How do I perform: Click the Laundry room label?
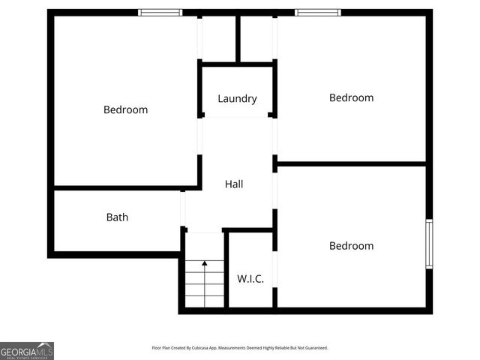coord(237,98)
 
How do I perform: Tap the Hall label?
coord(234,184)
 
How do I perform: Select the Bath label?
coord(117,217)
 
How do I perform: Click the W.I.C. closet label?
coord(250,279)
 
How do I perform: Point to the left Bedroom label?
coord(125,109)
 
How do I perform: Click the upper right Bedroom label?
coord(351,97)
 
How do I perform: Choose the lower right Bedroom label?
coord(351,246)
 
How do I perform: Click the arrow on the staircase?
coord(205,263)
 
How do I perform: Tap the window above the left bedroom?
coord(160,12)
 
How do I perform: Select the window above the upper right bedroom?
coord(317,12)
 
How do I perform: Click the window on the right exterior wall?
coord(429,243)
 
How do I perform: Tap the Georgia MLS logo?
coord(27,350)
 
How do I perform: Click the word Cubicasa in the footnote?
coord(199,348)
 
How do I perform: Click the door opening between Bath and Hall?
coord(183,208)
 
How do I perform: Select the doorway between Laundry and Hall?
coord(237,117)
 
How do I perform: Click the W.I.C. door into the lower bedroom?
coord(274,268)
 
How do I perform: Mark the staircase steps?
coord(205,285)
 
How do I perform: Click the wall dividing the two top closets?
coord(238,37)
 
